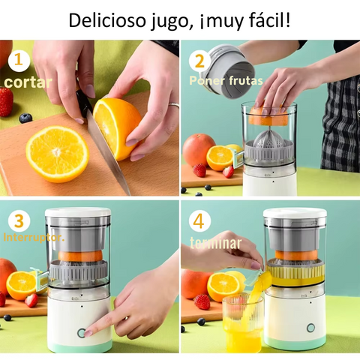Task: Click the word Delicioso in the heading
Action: coord(106,20)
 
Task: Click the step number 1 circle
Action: coord(19,61)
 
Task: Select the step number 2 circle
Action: coord(199,61)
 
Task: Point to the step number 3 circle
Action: coord(19,220)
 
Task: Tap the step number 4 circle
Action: coord(199,221)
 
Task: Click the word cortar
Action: coord(28,82)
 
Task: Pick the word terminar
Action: coord(215,243)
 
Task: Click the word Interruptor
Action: coord(34,238)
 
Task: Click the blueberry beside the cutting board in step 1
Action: coord(25,118)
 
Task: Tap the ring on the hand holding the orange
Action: coord(174,105)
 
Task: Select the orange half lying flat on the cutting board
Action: coord(57,154)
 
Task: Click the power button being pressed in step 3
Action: coord(82,333)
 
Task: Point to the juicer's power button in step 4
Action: coord(310,328)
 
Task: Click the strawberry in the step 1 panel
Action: coord(6,101)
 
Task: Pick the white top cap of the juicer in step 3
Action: coord(78,212)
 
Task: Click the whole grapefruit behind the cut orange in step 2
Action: coord(198,150)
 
